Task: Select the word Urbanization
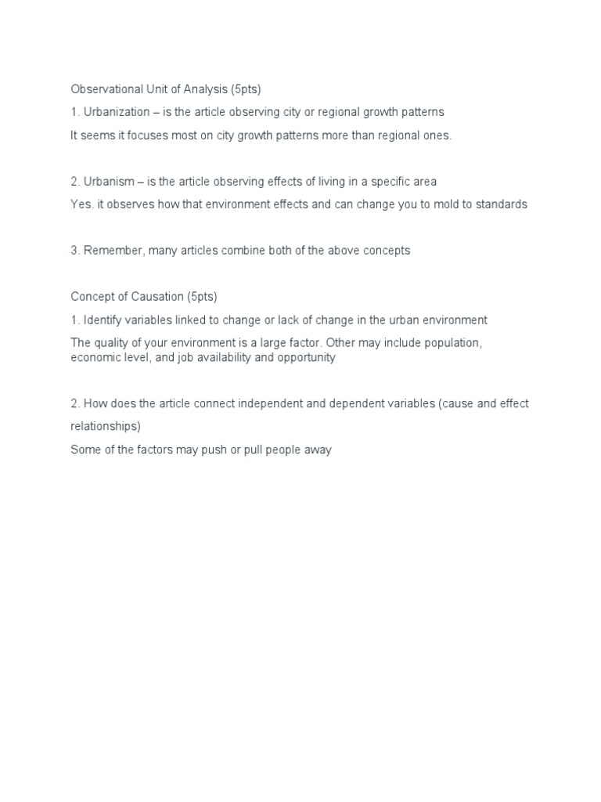(x=116, y=112)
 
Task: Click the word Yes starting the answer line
(x=81, y=204)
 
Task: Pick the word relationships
(x=106, y=427)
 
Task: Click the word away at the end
(x=317, y=450)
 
